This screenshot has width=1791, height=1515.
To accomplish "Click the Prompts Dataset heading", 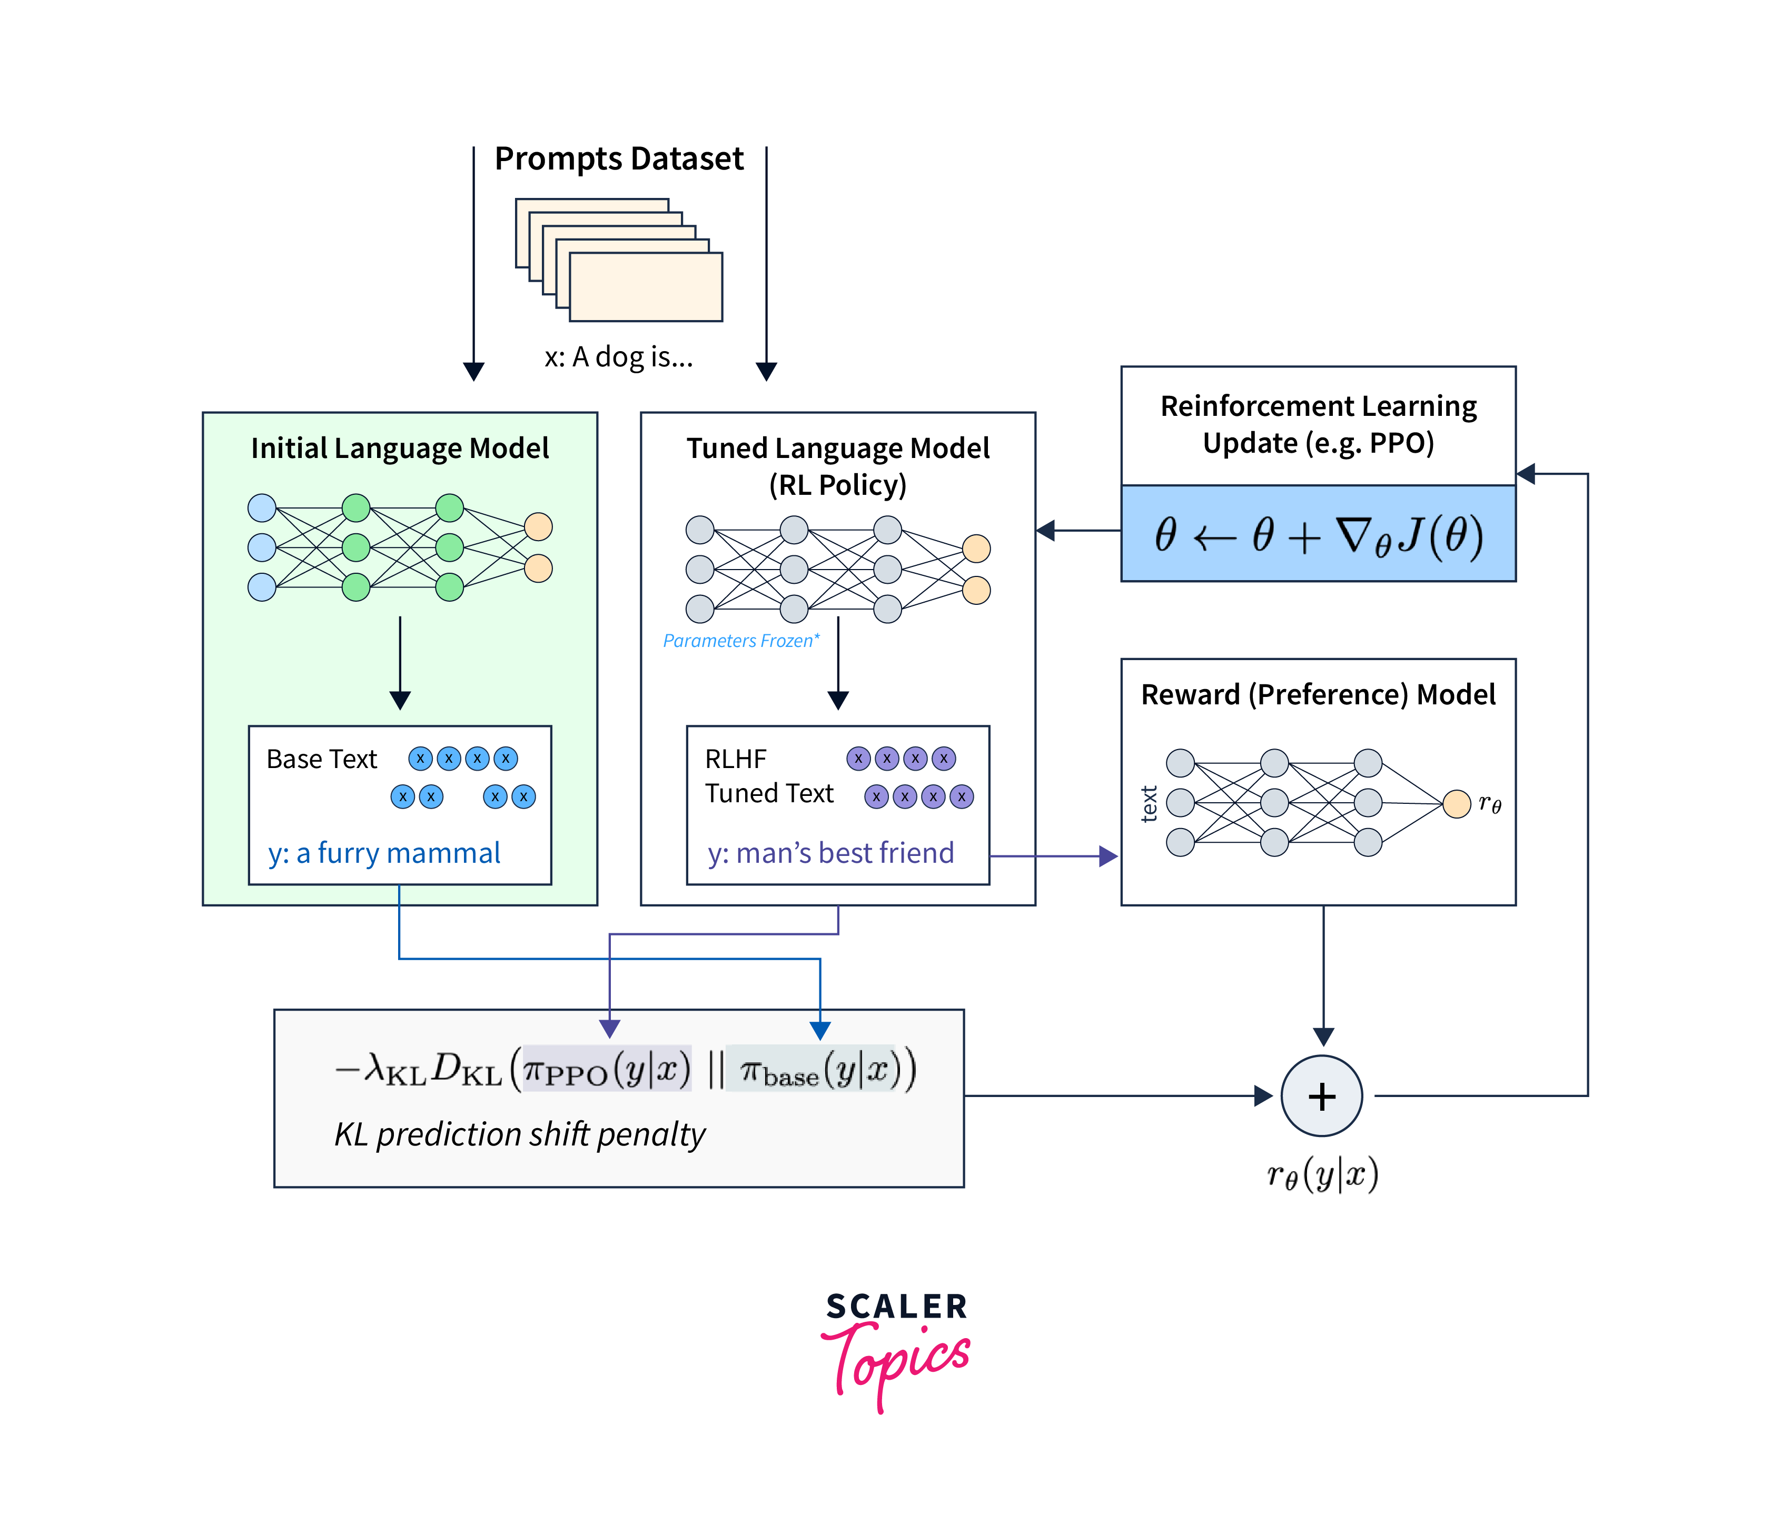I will click(618, 159).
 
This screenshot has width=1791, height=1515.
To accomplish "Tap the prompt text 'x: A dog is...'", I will click(618, 356).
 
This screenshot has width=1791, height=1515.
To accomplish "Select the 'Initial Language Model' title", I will click(399, 448).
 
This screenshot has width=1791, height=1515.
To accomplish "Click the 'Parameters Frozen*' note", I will click(740, 641).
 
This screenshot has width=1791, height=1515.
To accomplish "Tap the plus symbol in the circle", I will click(1321, 1097).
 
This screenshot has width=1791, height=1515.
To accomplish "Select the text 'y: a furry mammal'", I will click(384, 853).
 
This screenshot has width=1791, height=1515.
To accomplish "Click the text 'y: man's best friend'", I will click(830, 853).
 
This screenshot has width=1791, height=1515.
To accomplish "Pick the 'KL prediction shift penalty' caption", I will click(519, 1134).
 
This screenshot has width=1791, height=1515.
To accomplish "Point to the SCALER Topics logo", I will click(896, 1348).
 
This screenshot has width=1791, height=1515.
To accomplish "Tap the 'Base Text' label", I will click(321, 759).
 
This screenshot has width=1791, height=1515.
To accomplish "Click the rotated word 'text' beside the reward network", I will click(1149, 804).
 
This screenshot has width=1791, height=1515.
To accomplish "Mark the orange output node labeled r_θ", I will click(1457, 804).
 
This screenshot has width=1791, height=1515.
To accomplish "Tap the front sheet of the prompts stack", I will click(646, 287).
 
